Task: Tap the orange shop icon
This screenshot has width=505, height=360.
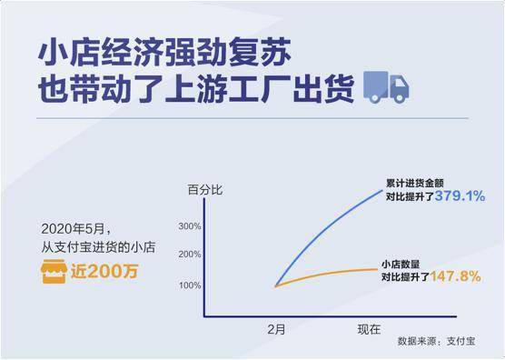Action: coord(56,270)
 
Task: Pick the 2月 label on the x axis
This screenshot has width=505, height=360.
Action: coord(276,325)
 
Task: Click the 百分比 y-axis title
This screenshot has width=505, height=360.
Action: coord(203,189)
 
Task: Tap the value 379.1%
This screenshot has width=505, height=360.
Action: coord(460,195)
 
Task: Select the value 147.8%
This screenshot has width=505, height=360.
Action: coord(455,275)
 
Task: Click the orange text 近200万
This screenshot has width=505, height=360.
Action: coord(106,270)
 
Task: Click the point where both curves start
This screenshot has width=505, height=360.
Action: coord(275,285)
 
